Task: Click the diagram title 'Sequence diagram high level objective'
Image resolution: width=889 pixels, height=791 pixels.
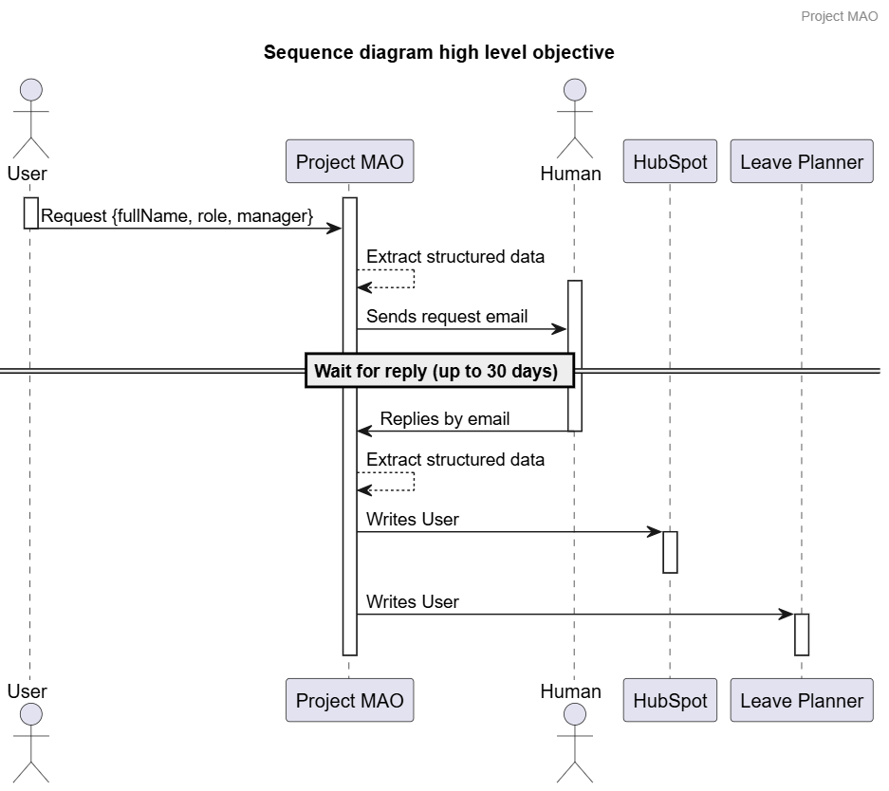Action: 438,52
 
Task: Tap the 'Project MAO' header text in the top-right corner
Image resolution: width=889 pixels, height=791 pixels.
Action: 839,16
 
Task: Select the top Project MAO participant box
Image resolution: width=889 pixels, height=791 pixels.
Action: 349,161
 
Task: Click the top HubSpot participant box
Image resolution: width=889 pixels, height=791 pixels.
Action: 670,161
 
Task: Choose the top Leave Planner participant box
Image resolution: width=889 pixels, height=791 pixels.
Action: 801,161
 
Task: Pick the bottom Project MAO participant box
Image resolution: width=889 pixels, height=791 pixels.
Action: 349,701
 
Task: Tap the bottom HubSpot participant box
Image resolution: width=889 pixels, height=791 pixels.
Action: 670,701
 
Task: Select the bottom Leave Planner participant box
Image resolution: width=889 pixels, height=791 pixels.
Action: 801,701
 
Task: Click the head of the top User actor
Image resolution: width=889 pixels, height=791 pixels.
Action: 29,90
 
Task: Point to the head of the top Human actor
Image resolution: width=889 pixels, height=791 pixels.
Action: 573,90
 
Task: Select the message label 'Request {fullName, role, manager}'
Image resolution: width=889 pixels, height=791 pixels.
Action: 176,216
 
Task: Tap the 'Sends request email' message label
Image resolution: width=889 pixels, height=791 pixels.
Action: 447,317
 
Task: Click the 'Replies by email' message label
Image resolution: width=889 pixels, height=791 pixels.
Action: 444,419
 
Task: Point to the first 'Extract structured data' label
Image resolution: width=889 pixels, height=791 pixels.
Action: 455,256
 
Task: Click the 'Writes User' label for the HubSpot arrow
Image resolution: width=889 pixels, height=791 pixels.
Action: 412,520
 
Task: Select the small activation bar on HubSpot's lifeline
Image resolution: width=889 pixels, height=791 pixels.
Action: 670,552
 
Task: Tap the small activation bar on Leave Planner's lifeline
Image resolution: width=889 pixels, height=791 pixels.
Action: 801,635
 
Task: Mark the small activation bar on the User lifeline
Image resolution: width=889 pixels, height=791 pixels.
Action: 30,212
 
